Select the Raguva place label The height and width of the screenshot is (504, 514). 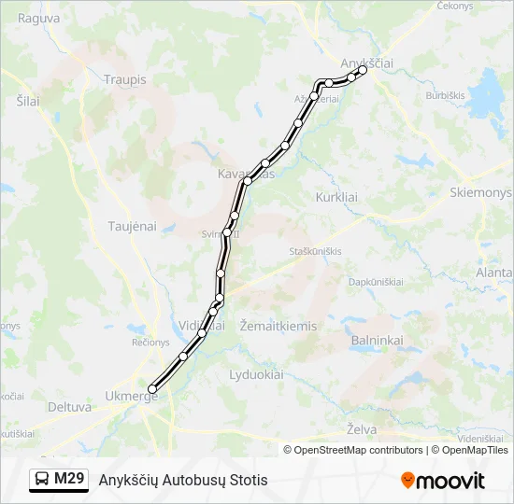click(x=38, y=18)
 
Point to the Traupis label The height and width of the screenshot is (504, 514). click(x=125, y=79)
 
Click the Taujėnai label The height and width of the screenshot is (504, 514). click(x=132, y=226)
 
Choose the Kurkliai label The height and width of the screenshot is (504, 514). click(x=337, y=198)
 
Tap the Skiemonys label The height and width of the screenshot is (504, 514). click(x=480, y=192)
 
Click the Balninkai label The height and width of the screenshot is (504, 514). click(x=377, y=341)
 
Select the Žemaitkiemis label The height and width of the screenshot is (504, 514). click(x=278, y=326)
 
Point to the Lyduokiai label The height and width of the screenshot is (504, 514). click(x=256, y=374)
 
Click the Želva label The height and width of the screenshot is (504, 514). click(x=362, y=428)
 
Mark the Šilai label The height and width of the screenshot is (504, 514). click(x=28, y=101)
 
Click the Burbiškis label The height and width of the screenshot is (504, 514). click(x=445, y=95)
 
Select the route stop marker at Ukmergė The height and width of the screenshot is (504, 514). click(x=152, y=389)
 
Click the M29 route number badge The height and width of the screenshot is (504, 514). click(x=59, y=480)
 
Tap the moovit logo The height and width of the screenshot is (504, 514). click(x=443, y=481)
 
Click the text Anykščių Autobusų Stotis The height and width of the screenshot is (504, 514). click(x=183, y=480)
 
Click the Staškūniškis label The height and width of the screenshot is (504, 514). click(x=315, y=251)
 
